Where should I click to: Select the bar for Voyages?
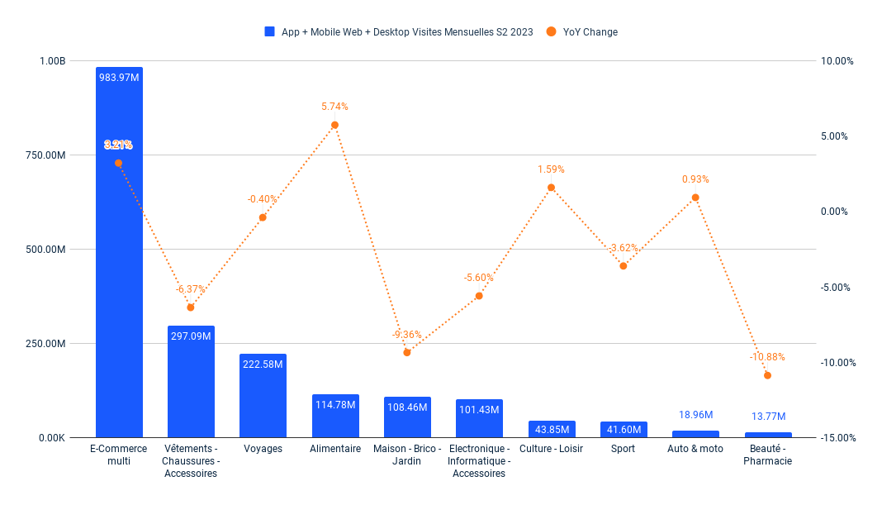click(263, 396)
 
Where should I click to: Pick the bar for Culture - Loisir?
click(552, 429)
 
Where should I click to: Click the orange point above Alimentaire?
click(334, 125)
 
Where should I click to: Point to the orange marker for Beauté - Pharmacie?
click(767, 375)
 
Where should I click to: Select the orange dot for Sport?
click(624, 265)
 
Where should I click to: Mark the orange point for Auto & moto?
click(695, 198)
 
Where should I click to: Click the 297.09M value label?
click(191, 336)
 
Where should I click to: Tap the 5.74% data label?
click(334, 107)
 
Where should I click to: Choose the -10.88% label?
click(767, 357)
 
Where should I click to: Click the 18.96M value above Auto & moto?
click(695, 415)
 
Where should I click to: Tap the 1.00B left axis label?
click(52, 61)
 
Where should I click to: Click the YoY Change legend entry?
click(590, 32)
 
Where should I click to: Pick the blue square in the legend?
click(269, 32)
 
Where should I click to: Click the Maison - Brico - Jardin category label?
click(406, 455)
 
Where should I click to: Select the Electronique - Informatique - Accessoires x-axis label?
click(479, 460)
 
